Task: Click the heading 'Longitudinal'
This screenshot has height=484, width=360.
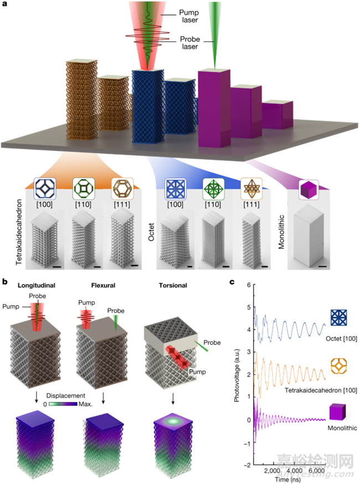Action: coord(35,287)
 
